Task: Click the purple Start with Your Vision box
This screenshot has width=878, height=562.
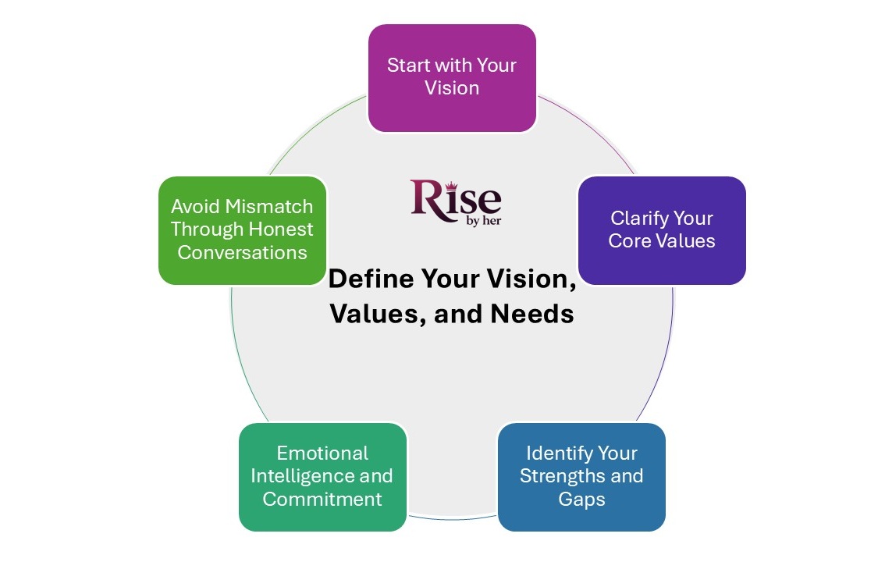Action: point(451,77)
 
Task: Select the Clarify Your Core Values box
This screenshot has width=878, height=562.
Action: point(661,230)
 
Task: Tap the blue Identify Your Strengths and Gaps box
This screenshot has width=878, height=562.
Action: point(581,477)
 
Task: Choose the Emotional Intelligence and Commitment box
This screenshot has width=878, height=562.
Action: point(322,477)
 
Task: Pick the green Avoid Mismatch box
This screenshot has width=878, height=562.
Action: point(242,230)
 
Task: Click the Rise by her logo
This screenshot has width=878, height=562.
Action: point(456,200)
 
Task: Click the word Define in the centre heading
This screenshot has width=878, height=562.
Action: point(370,278)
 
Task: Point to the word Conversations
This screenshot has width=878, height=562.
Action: point(242,252)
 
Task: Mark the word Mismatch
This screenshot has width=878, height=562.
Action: point(269,207)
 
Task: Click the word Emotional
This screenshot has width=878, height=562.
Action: point(322,454)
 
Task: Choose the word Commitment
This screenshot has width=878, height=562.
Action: point(322,499)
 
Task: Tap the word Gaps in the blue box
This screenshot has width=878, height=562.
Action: point(581,499)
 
